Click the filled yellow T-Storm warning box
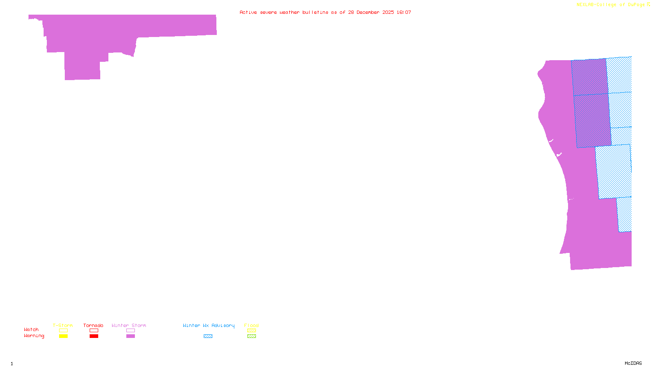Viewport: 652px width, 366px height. tap(63, 336)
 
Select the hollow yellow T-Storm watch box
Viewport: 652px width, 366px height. tap(63, 331)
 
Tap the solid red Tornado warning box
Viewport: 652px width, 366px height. tap(94, 336)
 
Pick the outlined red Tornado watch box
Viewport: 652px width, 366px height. tap(94, 331)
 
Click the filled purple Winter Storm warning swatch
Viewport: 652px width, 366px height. tap(130, 336)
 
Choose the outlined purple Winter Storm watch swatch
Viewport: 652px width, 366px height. tap(130, 331)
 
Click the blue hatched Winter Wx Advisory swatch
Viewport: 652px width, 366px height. tap(208, 336)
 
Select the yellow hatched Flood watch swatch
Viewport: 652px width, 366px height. tap(251, 331)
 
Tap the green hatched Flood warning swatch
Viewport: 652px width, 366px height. tap(251, 336)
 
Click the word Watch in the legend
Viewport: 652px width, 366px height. tap(31, 330)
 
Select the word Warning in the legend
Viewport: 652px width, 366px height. tap(34, 336)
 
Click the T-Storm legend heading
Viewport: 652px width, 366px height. tap(63, 325)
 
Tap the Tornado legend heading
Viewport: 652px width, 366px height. tap(93, 325)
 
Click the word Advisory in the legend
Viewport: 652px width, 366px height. tap(223, 325)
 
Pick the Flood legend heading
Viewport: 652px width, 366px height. tap(251, 325)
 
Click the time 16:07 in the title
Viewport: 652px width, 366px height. tap(404, 12)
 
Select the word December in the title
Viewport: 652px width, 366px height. tap(369, 12)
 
